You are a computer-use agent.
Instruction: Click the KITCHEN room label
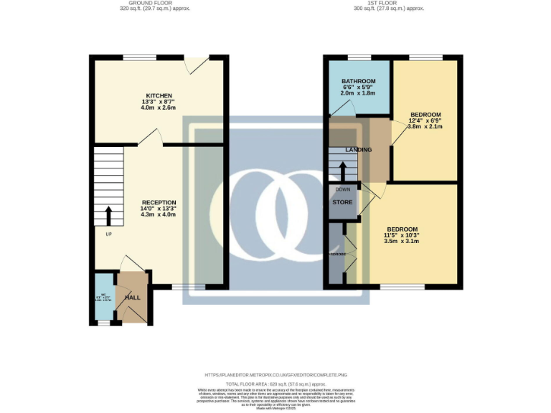click(x=159, y=95)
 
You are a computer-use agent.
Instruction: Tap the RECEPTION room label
click(x=159, y=203)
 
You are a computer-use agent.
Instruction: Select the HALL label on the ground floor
click(x=133, y=297)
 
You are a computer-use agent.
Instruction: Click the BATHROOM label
click(x=358, y=81)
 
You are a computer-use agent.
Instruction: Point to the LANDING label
click(x=358, y=150)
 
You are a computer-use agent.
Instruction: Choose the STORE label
click(x=342, y=202)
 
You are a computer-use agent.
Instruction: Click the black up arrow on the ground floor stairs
click(x=109, y=216)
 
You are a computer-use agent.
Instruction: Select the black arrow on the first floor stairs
click(x=342, y=171)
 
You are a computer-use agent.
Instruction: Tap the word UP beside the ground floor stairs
click(x=109, y=234)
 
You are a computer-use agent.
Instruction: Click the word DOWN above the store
click(x=342, y=189)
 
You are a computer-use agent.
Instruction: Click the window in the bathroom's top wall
click(x=359, y=57)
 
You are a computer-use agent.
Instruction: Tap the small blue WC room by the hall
click(x=104, y=298)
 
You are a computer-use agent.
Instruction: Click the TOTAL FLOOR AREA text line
click(x=275, y=384)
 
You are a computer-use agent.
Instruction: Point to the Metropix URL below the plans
click(x=275, y=375)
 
